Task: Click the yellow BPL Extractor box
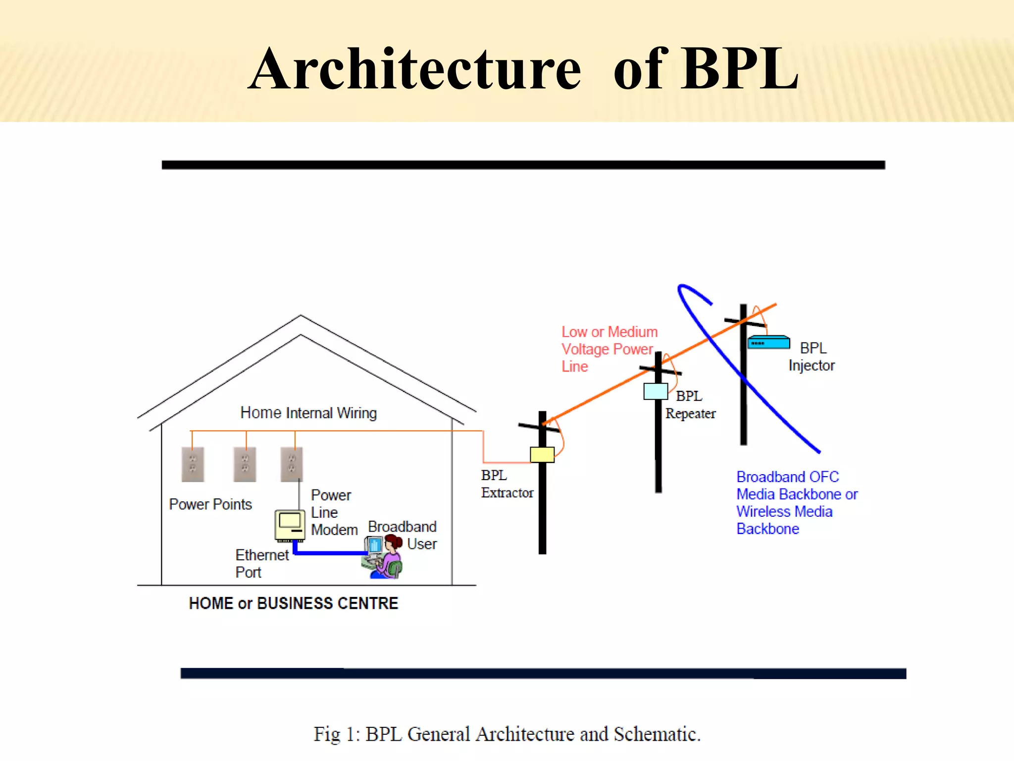[542, 454]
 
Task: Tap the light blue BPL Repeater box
[656, 391]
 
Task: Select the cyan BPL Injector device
[768, 342]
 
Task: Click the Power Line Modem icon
[290, 525]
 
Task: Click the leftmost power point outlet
[193, 464]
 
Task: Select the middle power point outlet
[245, 464]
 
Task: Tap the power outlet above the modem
[292, 464]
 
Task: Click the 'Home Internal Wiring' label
[308, 413]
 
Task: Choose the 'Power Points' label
[210, 504]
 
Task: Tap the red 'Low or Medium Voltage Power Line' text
[609, 349]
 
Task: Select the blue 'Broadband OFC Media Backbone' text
[796, 502]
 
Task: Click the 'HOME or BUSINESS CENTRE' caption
[294, 603]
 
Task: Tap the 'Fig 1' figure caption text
[507, 734]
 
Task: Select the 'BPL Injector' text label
[812, 357]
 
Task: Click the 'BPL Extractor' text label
[507, 484]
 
